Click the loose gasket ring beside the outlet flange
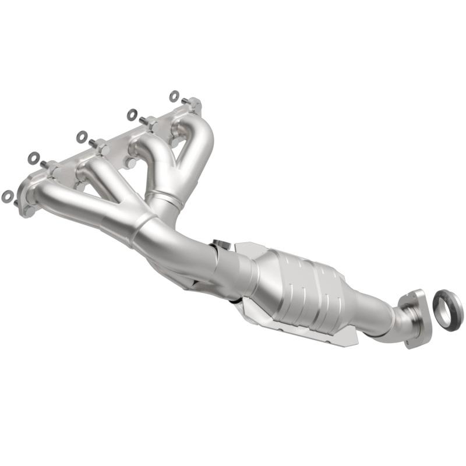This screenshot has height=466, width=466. tap(447, 309)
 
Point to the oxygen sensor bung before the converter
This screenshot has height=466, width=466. tap(220, 243)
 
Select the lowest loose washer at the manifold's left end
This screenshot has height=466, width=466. tap(8, 196)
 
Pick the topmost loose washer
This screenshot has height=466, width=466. tap(174, 96)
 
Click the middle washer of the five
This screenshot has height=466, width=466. tap(82, 137)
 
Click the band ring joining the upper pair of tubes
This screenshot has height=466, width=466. tap(165, 197)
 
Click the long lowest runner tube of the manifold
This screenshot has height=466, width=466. tap(82, 201)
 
